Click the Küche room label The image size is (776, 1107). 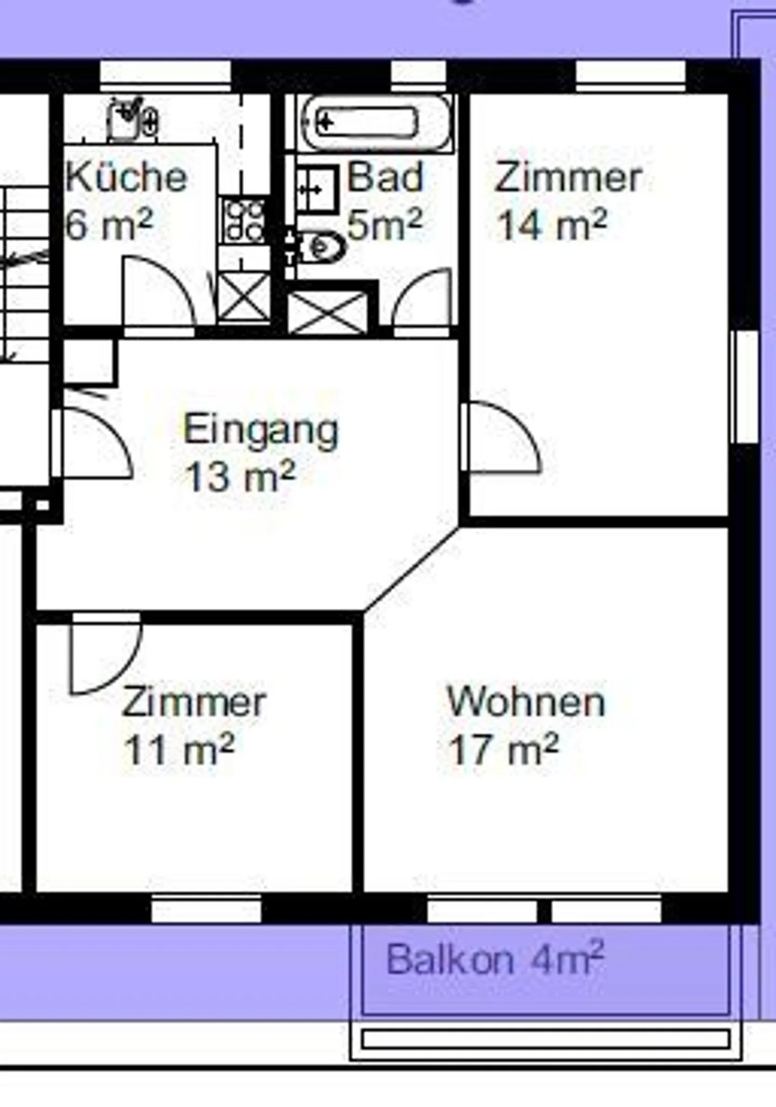(x=126, y=177)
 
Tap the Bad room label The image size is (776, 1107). (x=385, y=177)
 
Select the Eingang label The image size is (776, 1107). (x=261, y=430)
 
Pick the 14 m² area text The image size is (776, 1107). (x=552, y=225)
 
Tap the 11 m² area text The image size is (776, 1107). (x=179, y=750)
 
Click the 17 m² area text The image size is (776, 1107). (x=503, y=750)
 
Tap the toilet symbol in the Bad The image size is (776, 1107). (x=322, y=247)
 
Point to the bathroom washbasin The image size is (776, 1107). (x=318, y=189)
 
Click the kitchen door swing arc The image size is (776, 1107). (x=159, y=291)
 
